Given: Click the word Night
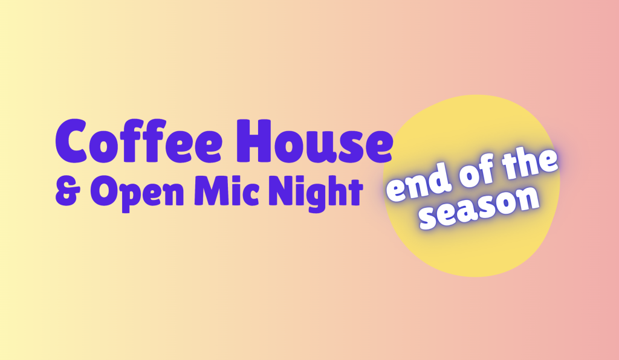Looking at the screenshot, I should point(319,192).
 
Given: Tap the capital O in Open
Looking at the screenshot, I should point(102,191).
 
